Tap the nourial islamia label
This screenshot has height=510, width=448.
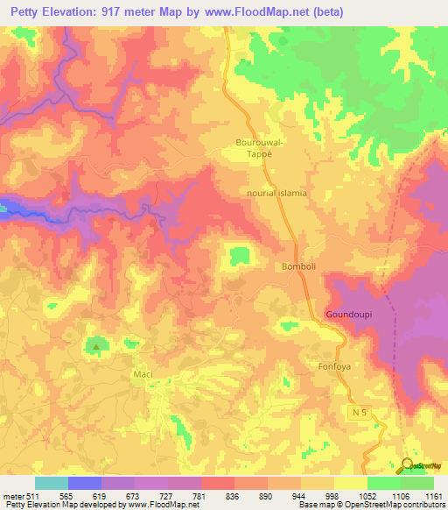coord(276,194)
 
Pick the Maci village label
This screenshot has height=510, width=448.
coord(143,374)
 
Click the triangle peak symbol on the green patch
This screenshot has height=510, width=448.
coord(96,347)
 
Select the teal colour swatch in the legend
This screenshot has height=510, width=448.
coord(51,483)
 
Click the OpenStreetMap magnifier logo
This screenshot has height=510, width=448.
coord(408,465)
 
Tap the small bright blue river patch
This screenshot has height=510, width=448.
coord(5,208)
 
